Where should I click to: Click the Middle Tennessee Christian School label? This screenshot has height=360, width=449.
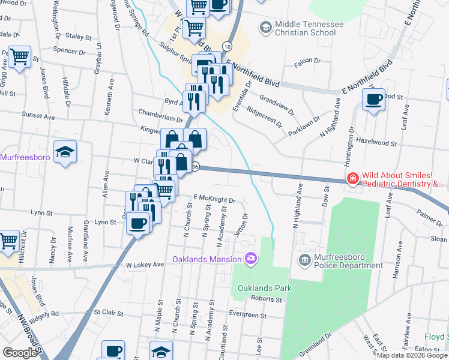pos(309,28)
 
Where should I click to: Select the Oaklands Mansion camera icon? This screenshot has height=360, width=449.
pos(250,259)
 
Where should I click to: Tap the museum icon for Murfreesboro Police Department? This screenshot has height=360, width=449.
pos(304,259)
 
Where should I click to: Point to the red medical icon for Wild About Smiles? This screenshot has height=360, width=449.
pos(352,178)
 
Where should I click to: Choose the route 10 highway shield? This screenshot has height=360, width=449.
pos(226,46)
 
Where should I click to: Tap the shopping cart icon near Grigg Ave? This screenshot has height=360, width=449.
pos(20,57)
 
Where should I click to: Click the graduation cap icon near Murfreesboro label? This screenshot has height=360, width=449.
pos(65,152)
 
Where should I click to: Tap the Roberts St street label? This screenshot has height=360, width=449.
pos(267,299)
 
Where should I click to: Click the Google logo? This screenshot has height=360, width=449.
pos(20,353)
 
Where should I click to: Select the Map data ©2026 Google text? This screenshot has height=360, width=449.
pos(412,355)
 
